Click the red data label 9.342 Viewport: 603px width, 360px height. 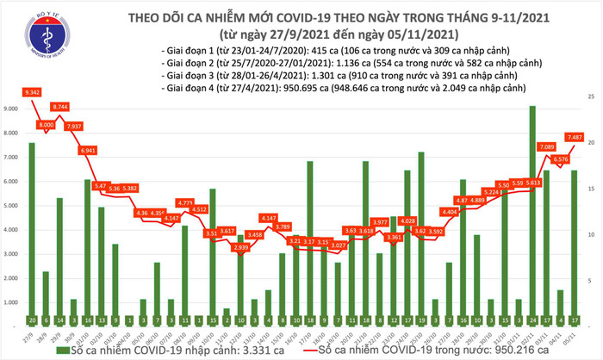34,91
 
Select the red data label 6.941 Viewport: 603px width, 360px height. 87,150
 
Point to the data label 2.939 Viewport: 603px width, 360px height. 241,247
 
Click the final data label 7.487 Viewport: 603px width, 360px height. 575,136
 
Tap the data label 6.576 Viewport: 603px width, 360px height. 560,158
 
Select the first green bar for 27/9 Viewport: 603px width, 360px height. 32,224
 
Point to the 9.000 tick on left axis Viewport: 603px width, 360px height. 12,109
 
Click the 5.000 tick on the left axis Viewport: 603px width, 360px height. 12,205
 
